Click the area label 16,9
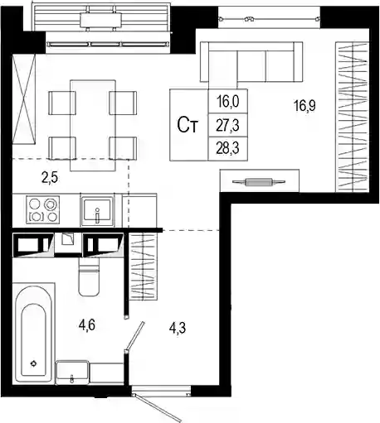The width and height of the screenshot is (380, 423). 304,106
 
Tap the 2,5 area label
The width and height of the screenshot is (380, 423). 50,178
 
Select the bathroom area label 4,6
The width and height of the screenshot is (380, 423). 87,325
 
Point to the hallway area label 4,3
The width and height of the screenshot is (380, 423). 178,328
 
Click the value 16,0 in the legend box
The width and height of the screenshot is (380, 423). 228,102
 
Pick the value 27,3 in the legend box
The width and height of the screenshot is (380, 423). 228,126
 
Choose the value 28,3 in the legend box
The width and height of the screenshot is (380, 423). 228,149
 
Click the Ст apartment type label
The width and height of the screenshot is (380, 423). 188,125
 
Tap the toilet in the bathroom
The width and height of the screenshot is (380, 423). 89,276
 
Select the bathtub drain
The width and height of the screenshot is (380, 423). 34,363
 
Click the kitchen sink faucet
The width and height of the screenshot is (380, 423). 97,215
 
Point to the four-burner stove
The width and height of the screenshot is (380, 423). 43,209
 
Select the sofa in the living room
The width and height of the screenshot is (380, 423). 251,62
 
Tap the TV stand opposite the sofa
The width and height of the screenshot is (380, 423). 260,181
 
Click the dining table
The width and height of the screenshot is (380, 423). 93,126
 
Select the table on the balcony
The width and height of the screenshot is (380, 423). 100,21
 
